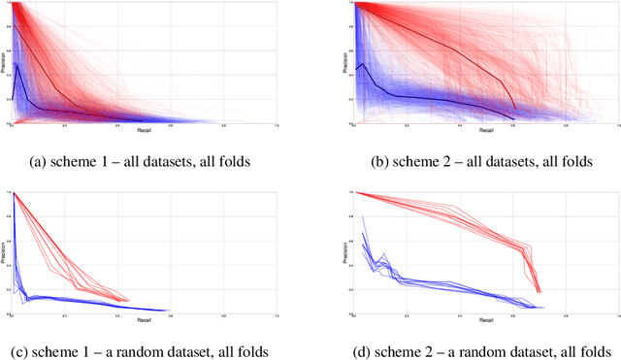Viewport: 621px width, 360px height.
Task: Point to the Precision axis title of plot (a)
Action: [x=4, y=63]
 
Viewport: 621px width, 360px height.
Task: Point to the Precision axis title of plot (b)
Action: [x=346, y=63]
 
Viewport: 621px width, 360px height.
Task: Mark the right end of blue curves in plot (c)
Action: [x=170, y=311]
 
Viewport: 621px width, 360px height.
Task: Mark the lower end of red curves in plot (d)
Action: [x=539, y=291]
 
